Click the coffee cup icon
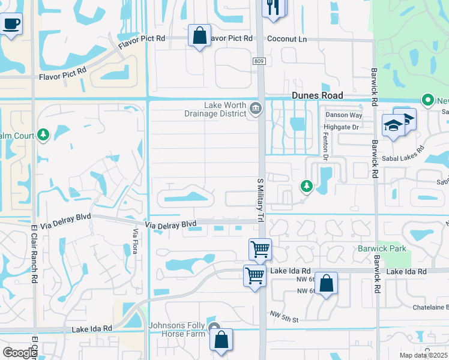tap(11, 25)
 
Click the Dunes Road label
tap(317, 95)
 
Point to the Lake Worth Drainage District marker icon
tap(256, 109)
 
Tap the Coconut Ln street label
tap(287, 39)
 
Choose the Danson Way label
tap(344, 115)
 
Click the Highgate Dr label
tap(342, 127)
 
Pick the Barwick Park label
tap(382, 248)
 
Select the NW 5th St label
tap(284, 317)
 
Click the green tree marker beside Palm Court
tap(43, 134)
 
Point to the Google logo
tap(19, 353)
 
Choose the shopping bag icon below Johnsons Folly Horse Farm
tap(221, 340)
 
